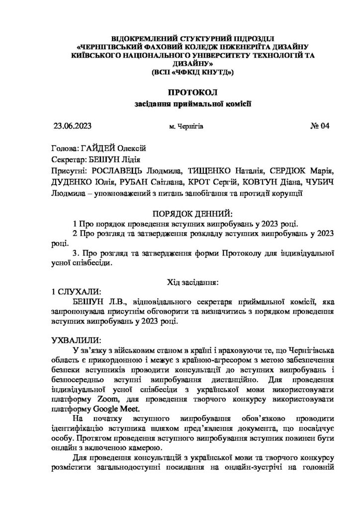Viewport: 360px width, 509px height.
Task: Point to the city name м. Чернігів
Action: click(x=186, y=127)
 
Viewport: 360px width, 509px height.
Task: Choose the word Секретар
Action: click(x=68, y=159)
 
